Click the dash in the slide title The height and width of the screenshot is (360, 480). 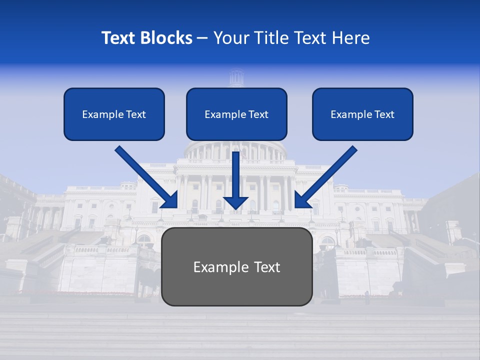202,38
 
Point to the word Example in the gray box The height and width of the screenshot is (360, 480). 220,267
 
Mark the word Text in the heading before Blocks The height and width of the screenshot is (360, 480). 119,38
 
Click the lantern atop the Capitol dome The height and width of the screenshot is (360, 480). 236,78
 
